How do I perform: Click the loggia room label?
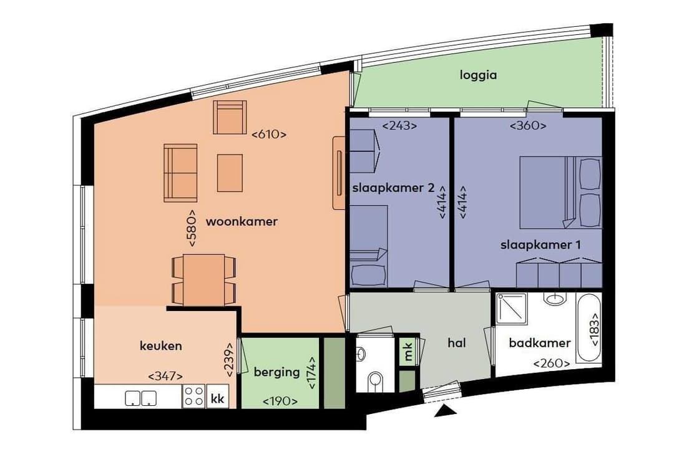tap(478, 75)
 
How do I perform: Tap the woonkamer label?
tap(242, 221)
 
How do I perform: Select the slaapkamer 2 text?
tap(393, 188)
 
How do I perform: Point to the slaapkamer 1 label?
tap(540, 245)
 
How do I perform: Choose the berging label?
tap(276, 372)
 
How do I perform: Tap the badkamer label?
tap(539, 343)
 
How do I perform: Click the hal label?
tap(457, 343)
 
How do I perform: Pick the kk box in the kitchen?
tap(217, 398)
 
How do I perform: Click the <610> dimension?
tap(268, 134)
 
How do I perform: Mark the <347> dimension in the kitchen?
tap(165, 376)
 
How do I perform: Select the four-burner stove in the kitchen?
tap(194, 397)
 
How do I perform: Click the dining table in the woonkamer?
tap(204, 279)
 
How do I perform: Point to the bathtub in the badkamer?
tap(589, 328)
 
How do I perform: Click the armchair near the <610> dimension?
tap(230, 117)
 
